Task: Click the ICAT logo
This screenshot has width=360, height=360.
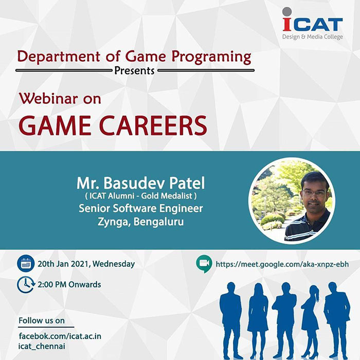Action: click(313, 24)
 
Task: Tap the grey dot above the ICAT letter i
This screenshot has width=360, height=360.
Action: click(287, 12)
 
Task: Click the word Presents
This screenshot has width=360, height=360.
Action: click(134, 71)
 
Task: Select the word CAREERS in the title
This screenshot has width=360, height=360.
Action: click(153, 125)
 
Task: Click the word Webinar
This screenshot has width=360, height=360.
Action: click(49, 99)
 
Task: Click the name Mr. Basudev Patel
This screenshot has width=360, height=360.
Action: click(140, 183)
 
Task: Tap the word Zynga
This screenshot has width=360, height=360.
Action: click(114, 222)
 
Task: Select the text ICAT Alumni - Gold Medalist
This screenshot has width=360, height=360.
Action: click(141, 196)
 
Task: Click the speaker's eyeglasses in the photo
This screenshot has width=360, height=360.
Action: click(314, 193)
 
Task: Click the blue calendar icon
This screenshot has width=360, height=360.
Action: click(26, 263)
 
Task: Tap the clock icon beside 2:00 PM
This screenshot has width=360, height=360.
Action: click(26, 285)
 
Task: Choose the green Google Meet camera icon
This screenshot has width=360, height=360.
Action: click(204, 263)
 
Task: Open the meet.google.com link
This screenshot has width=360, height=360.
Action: click(282, 264)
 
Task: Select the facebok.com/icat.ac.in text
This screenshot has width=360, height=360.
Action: click(60, 336)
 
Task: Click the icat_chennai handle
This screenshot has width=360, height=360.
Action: click(42, 347)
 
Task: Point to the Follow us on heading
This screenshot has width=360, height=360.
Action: click(42, 320)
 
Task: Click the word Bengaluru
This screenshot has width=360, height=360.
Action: click(158, 222)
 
